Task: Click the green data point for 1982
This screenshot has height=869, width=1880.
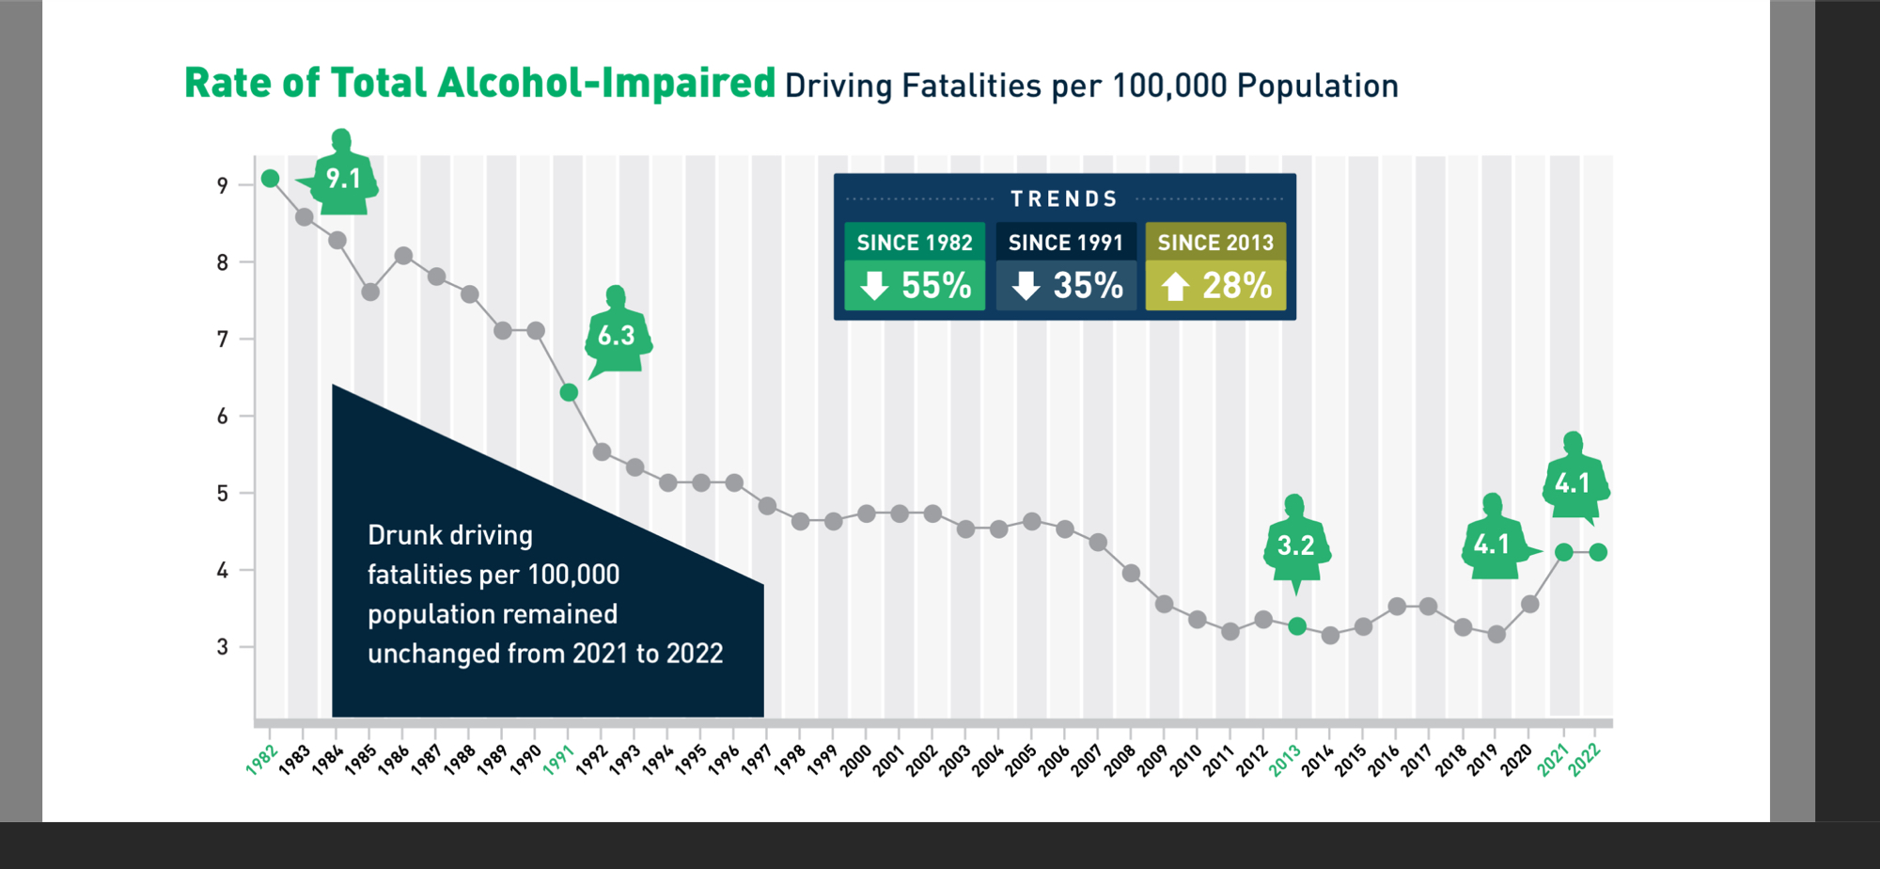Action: click(271, 179)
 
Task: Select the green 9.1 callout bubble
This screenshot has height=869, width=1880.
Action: click(343, 179)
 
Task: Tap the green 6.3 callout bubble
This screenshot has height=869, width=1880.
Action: click(617, 336)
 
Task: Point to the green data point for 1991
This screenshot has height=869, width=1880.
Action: click(569, 392)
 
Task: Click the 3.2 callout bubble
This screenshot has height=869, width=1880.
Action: click(1295, 545)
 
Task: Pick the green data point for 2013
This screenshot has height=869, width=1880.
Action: click(1297, 626)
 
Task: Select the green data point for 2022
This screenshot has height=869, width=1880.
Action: click(1598, 552)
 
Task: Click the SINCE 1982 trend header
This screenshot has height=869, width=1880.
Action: click(915, 243)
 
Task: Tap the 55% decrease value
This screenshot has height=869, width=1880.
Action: click(935, 286)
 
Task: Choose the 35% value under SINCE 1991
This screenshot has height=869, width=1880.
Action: click(1088, 286)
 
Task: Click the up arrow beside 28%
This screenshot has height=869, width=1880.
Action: click(1175, 286)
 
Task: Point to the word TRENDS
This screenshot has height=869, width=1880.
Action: click(1064, 199)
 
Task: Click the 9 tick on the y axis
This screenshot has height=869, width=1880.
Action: click(223, 186)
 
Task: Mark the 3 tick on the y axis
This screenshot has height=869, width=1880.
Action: click(223, 647)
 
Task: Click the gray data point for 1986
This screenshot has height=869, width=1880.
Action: click(403, 256)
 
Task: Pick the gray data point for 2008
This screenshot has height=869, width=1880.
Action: click(1132, 573)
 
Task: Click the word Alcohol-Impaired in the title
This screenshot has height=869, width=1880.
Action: click(606, 83)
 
